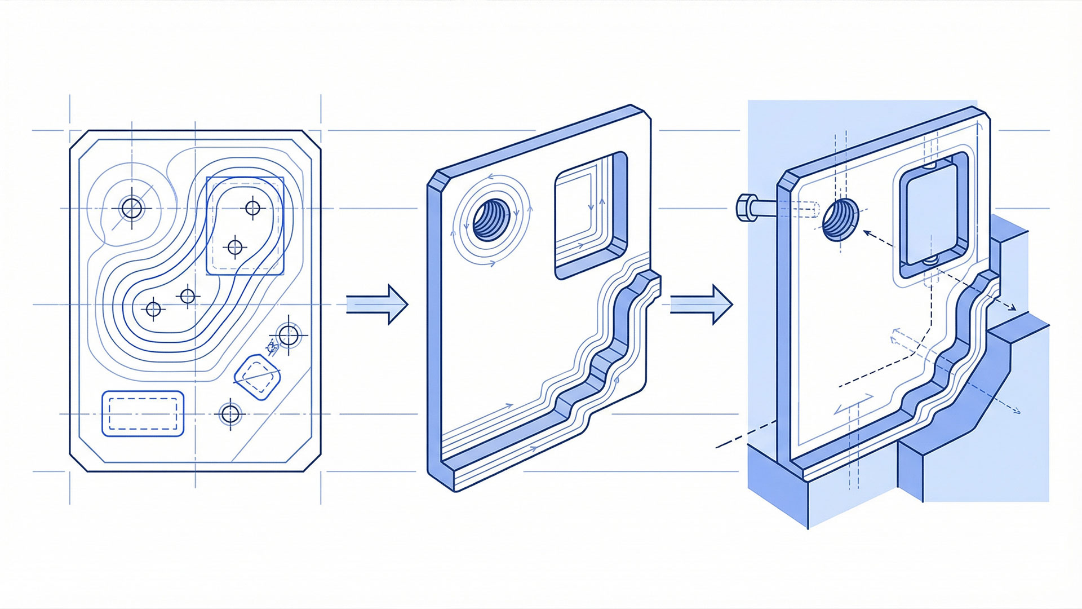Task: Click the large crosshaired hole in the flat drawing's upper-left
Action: pyautogui.click(x=132, y=209)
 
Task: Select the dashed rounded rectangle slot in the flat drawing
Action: pyautogui.click(x=143, y=413)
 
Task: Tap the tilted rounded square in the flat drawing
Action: pyautogui.click(x=257, y=377)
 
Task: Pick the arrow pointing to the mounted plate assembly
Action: pyautogui.click(x=701, y=304)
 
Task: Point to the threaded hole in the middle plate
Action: pyautogui.click(x=489, y=219)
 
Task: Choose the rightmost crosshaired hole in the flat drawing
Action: pyautogui.click(x=289, y=336)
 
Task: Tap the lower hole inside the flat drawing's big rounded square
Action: pyautogui.click(x=235, y=246)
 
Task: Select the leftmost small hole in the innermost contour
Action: pyautogui.click(x=153, y=309)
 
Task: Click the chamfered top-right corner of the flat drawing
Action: pyautogui.click(x=312, y=141)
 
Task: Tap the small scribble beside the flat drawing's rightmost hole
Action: pyautogui.click(x=272, y=348)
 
